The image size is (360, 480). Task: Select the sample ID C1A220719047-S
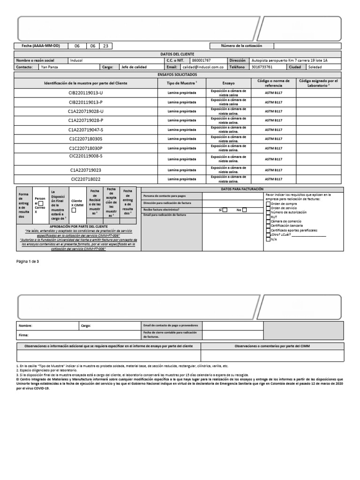tap(86, 129)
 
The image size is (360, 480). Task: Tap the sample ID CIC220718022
tap(86, 179)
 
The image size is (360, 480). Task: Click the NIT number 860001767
tap(201, 60)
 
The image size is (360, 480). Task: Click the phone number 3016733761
tap(262, 67)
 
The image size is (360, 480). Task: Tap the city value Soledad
tap(315, 67)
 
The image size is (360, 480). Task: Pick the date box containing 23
tap(105, 46)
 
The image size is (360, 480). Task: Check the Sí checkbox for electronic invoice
tap(225, 210)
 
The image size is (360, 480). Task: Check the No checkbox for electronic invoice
tap(244, 210)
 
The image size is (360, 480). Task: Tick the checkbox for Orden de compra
tap(268, 203)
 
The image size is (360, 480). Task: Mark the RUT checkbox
tap(268, 217)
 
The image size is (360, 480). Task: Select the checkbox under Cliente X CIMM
tap(74, 210)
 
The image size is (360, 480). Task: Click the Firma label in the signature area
tap(23, 336)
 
